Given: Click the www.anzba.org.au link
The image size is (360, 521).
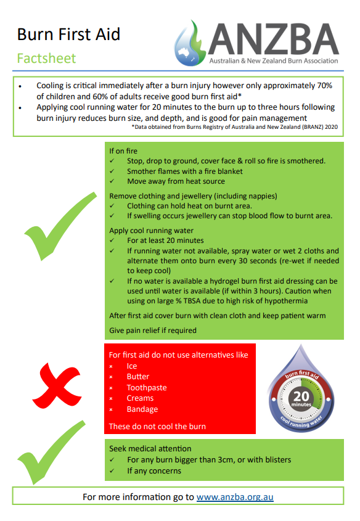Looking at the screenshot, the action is click(235, 496).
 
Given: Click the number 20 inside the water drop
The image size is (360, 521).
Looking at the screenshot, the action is click(302, 396).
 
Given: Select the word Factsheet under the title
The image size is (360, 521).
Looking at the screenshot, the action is click(46, 59).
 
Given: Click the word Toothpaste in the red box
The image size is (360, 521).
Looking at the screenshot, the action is click(147, 388).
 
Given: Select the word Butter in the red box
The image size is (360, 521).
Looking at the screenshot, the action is click(138, 377).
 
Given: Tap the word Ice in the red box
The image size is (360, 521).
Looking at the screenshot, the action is click(132, 366).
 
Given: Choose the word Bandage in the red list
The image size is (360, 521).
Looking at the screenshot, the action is click(142, 409).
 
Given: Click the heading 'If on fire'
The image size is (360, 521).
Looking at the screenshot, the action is click(123, 150).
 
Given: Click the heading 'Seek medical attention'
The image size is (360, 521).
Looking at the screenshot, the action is click(150, 448).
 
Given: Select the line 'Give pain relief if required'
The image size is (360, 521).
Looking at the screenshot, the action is click(153, 330).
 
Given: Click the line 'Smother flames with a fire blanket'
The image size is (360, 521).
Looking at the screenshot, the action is click(185, 171).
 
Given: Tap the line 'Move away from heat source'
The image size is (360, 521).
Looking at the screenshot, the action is click(176, 181).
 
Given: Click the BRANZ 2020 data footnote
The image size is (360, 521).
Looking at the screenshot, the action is click(234, 127).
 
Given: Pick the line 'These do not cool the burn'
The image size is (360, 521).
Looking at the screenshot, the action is click(157, 426).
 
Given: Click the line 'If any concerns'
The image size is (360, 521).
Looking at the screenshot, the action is click(154, 470).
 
